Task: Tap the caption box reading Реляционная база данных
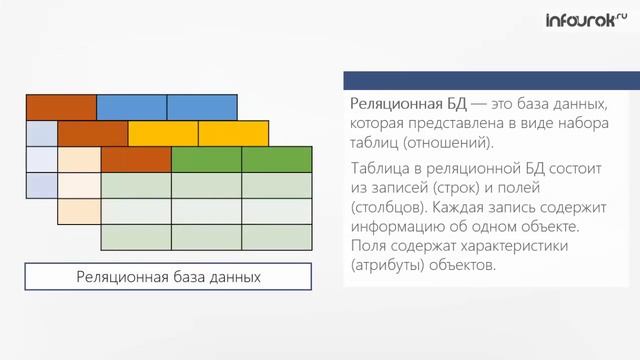point(168,277)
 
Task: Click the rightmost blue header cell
point(202,107)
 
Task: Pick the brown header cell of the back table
point(61,107)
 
